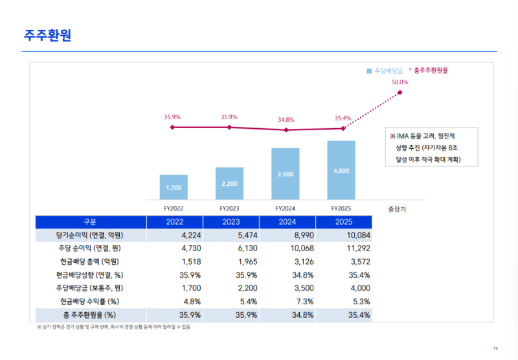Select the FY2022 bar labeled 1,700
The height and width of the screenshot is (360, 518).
[x=174, y=187]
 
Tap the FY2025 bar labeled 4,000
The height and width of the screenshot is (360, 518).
[x=341, y=170]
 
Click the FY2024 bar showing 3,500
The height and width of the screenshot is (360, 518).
[x=286, y=174]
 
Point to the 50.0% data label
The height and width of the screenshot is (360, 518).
[x=400, y=82]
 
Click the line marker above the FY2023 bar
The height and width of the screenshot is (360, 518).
[x=229, y=128]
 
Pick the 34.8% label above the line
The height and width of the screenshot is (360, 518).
[x=286, y=120]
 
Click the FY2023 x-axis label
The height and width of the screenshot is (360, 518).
[x=229, y=208]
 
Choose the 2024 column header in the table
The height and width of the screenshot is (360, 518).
[x=287, y=221]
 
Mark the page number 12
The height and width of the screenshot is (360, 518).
[x=495, y=349]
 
